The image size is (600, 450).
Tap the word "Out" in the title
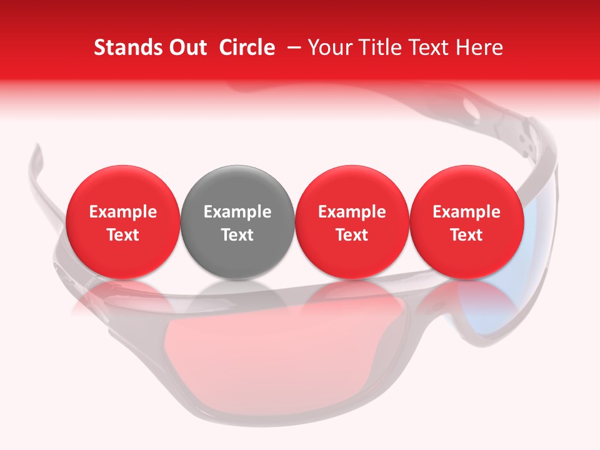click(x=186, y=47)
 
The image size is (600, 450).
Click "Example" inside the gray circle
click(x=237, y=212)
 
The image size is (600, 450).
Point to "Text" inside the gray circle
click(x=237, y=235)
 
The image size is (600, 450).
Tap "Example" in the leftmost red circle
click(x=123, y=212)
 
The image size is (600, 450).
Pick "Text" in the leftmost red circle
click(x=123, y=235)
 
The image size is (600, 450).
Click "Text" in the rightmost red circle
click(x=466, y=235)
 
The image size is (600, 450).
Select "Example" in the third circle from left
click(x=352, y=212)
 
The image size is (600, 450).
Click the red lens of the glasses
click(x=250, y=350)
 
